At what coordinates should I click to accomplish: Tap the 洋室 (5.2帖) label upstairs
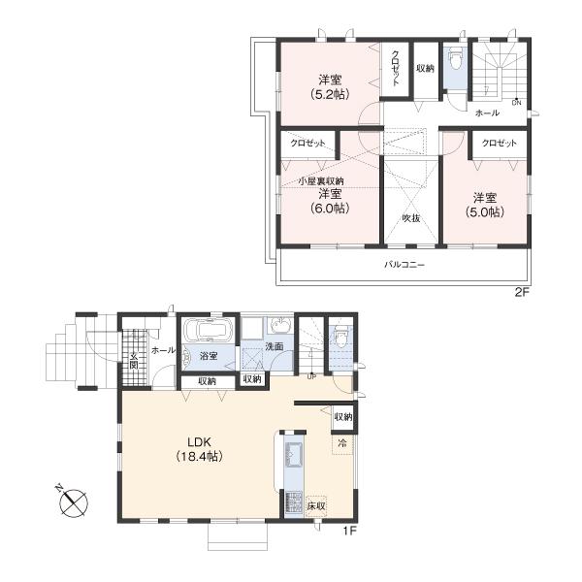(x=330, y=86)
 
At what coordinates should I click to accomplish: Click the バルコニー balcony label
(x=404, y=264)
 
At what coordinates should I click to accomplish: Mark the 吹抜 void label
(x=410, y=219)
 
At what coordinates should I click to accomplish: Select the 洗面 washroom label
(x=275, y=346)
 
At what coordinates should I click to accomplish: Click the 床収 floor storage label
(x=315, y=506)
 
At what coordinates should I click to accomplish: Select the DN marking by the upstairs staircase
(x=516, y=103)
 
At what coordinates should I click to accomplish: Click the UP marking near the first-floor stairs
(x=309, y=375)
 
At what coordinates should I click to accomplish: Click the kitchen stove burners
(x=293, y=502)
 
